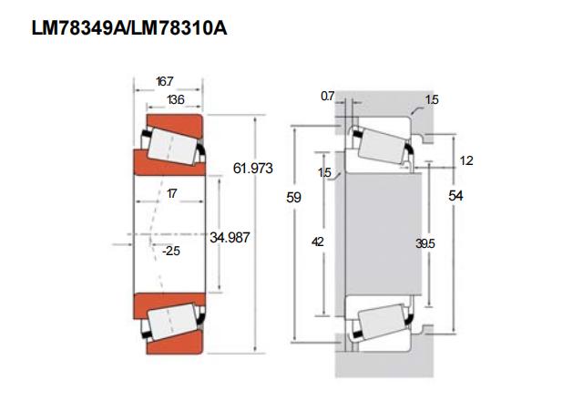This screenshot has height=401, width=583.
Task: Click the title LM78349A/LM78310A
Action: pos(129,28)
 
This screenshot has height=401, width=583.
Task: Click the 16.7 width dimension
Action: pos(164,81)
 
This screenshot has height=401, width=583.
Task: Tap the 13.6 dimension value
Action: pos(176,99)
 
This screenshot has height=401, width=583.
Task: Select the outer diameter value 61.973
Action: pos(253,169)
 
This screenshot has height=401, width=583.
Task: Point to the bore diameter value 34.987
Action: pos(230,237)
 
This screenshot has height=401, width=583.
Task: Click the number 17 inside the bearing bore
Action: pos(171,193)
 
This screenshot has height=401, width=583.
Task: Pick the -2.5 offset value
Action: pos(171,251)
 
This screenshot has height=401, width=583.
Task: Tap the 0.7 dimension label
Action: pos(328,96)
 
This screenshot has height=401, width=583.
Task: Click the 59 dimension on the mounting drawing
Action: pos(293,197)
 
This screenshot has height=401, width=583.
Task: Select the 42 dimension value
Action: pos(318,242)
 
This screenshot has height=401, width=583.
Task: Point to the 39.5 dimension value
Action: pos(425,243)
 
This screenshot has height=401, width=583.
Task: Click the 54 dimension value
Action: pos(455,196)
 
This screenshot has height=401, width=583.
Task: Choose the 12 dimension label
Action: pos(466,160)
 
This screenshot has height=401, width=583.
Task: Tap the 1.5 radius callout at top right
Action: pos(432,99)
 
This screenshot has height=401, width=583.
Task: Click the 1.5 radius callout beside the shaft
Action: pos(324,172)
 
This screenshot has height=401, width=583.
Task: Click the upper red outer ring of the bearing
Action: pos(175,126)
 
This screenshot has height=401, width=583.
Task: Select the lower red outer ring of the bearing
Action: pos(175,343)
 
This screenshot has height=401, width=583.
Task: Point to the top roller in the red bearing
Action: pos(172,147)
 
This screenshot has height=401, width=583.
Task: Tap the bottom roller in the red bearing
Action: pos(172,322)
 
